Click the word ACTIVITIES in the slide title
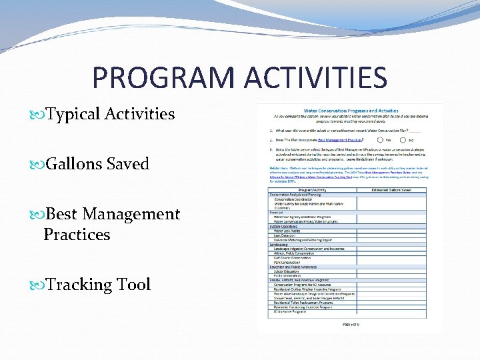click(315, 77)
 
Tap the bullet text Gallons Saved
click(97, 164)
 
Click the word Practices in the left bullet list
click(77, 235)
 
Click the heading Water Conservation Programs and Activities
click(351, 111)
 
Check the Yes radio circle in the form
click(380, 140)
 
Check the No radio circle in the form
click(403, 140)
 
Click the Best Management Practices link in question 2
click(340, 140)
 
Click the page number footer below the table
click(351, 325)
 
